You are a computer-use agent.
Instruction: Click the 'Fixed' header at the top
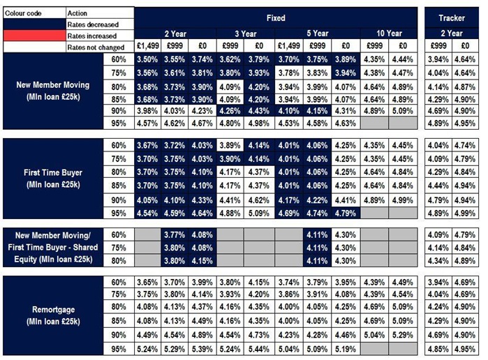(276, 17)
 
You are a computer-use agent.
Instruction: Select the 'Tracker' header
(452, 17)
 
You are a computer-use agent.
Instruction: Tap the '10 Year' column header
(389, 33)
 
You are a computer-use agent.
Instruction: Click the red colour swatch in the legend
(33, 36)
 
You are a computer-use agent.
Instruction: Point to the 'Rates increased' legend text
(91, 36)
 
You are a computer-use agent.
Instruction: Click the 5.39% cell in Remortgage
(202, 348)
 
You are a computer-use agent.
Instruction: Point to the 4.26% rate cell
(230, 110)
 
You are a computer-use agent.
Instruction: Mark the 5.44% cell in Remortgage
(258, 348)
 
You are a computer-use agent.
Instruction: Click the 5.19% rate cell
(345, 348)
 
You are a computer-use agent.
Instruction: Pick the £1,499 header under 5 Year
(288, 46)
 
